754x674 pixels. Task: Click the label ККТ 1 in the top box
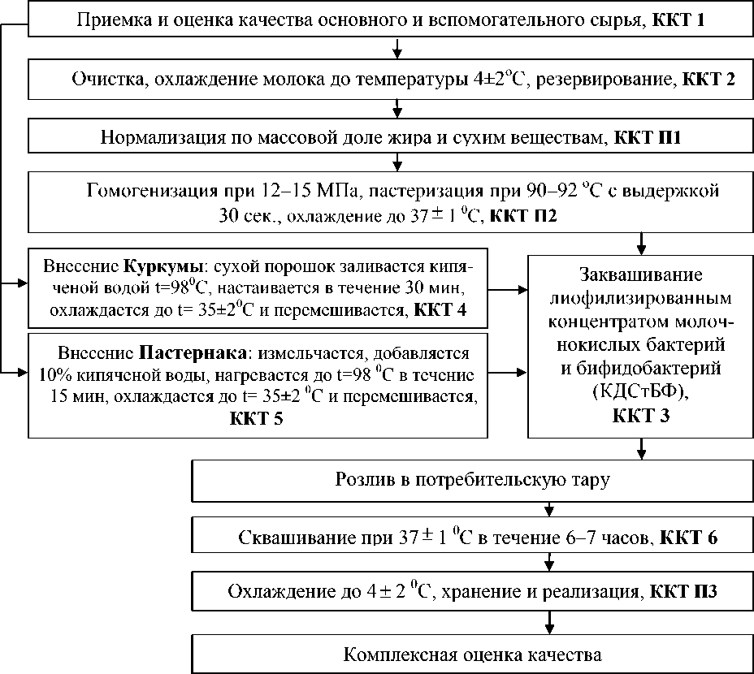(x=677, y=19)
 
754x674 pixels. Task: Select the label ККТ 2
(x=709, y=80)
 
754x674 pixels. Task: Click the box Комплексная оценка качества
(x=473, y=654)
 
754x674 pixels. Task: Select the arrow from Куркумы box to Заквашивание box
(x=508, y=287)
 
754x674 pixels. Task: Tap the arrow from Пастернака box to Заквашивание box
(x=508, y=374)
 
